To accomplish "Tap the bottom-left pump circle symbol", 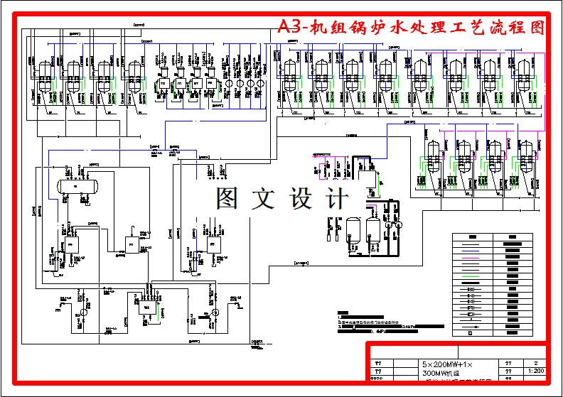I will click(x=83, y=312).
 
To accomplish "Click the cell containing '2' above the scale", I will click(x=535, y=362).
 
